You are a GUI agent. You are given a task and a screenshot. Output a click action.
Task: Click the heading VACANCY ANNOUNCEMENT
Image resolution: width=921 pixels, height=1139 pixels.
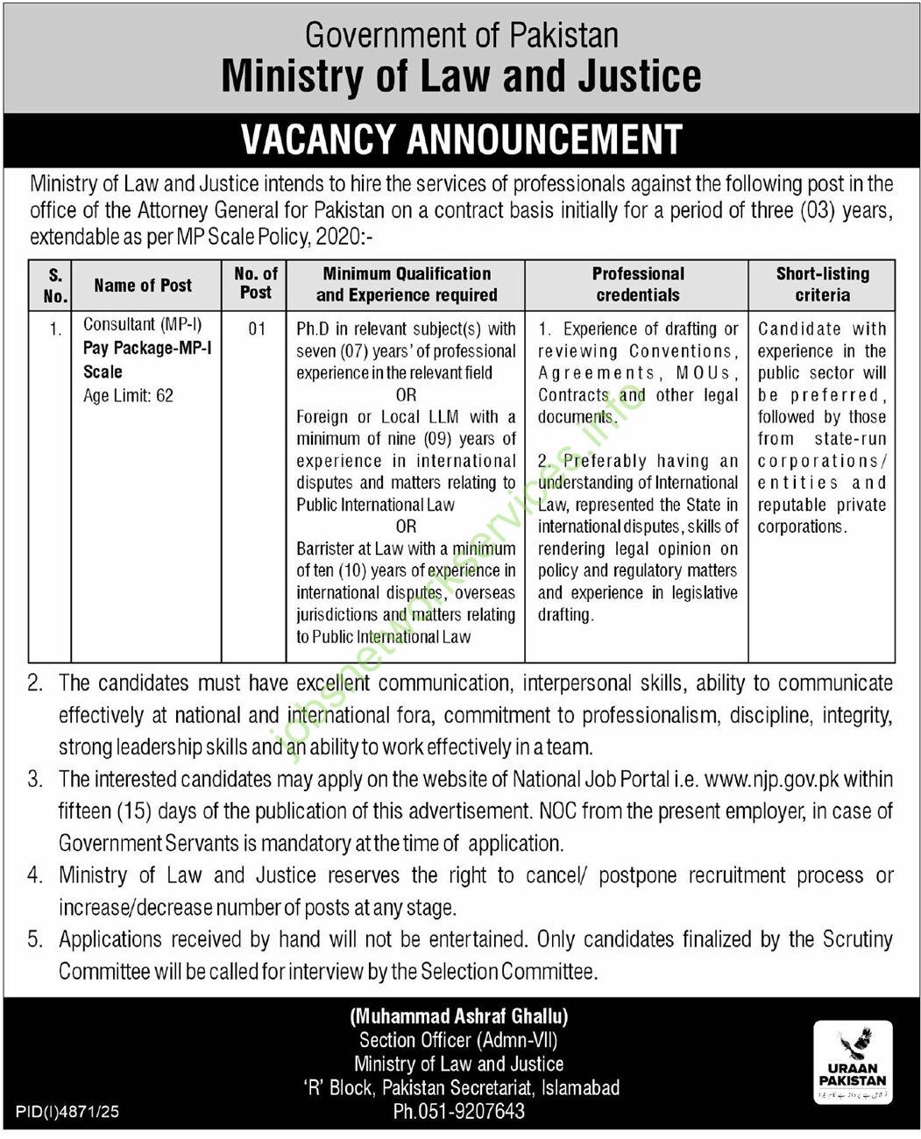[x=461, y=139]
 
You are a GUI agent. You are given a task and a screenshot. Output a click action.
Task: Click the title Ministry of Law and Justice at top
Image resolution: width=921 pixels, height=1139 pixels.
[x=461, y=76]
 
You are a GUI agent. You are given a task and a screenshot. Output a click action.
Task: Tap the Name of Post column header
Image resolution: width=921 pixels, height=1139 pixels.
[x=143, y=285]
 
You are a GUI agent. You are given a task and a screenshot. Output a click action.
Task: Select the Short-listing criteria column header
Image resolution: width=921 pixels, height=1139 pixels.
[x=822, y=284]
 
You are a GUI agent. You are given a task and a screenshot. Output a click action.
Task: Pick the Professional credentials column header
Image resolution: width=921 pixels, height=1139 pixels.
[x=637, y=284]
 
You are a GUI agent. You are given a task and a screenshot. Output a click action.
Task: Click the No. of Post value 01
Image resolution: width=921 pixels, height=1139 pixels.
[x=256, y=329]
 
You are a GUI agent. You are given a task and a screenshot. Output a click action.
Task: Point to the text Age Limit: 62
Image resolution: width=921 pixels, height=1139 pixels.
[x=128, y=395]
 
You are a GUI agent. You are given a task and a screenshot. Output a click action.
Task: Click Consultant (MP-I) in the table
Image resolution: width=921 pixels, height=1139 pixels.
[x=142, y=324]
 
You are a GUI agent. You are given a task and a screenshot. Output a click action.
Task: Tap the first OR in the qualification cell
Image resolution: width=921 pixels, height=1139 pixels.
[x=406, y=395]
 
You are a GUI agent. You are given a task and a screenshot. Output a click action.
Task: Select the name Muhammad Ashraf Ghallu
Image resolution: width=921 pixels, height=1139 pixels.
[x=459, y=1016]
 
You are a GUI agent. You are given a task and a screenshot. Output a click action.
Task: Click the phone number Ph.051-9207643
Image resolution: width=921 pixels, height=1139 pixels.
[x=459, y=1111]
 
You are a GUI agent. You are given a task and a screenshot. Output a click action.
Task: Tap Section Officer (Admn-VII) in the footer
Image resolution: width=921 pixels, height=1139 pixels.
[x=459, y=1040]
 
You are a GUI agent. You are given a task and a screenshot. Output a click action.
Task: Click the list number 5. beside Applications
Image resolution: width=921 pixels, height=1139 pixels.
[x=35, y=939]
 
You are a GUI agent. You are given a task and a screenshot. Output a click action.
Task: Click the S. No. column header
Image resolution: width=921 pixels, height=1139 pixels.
[x=54, y=285]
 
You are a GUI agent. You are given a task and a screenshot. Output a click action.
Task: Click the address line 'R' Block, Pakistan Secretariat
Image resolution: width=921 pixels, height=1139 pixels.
[x=459, y=1087]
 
